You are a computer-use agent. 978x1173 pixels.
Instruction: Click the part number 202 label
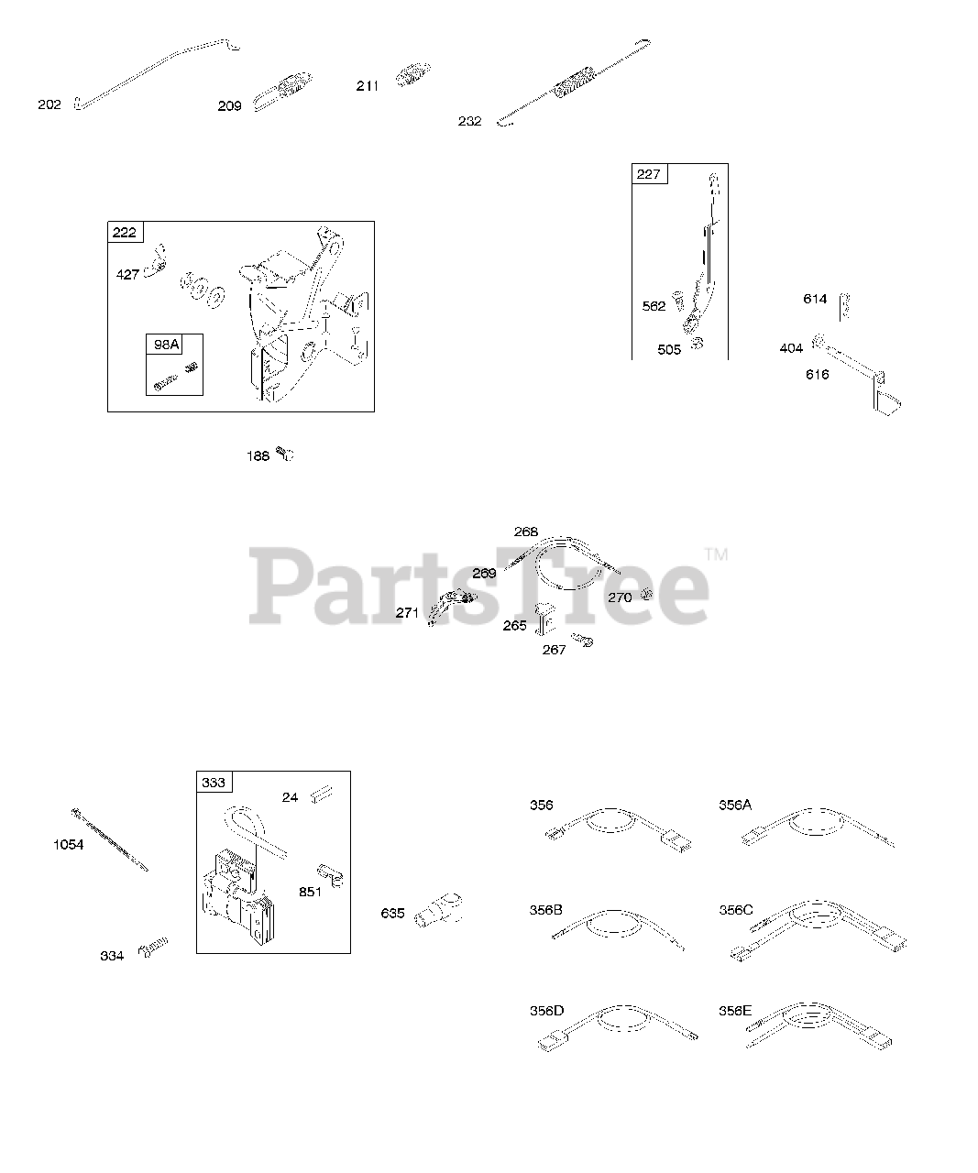[x=49, y=104]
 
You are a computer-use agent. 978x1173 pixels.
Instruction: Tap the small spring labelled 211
[x=412, y=74]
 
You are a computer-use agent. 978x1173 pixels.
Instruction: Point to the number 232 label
[x=469, y=121]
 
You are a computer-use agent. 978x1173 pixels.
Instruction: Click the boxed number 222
[x=125, y=232]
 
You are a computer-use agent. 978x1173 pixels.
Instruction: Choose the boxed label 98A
[x=167, y=345]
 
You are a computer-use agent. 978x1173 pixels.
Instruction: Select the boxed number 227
[x=649, y=174]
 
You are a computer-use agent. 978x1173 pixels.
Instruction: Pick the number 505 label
[x=669, y=349]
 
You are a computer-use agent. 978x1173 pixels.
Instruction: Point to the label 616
[x=818, y=374]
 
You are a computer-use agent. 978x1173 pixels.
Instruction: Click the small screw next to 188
[x=286, y=454]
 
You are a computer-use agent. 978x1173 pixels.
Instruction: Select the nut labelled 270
[x=645, y=594]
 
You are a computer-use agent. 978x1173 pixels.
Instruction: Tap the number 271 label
[x=407, y=613]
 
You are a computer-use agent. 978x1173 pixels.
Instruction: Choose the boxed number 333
[x=214, y=783]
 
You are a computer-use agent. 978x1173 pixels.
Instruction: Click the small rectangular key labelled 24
[x=321, y=795]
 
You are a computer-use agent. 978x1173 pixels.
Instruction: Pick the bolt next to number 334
[x=153, y=948]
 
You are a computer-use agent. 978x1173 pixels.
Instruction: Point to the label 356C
[x=736, y=910]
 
